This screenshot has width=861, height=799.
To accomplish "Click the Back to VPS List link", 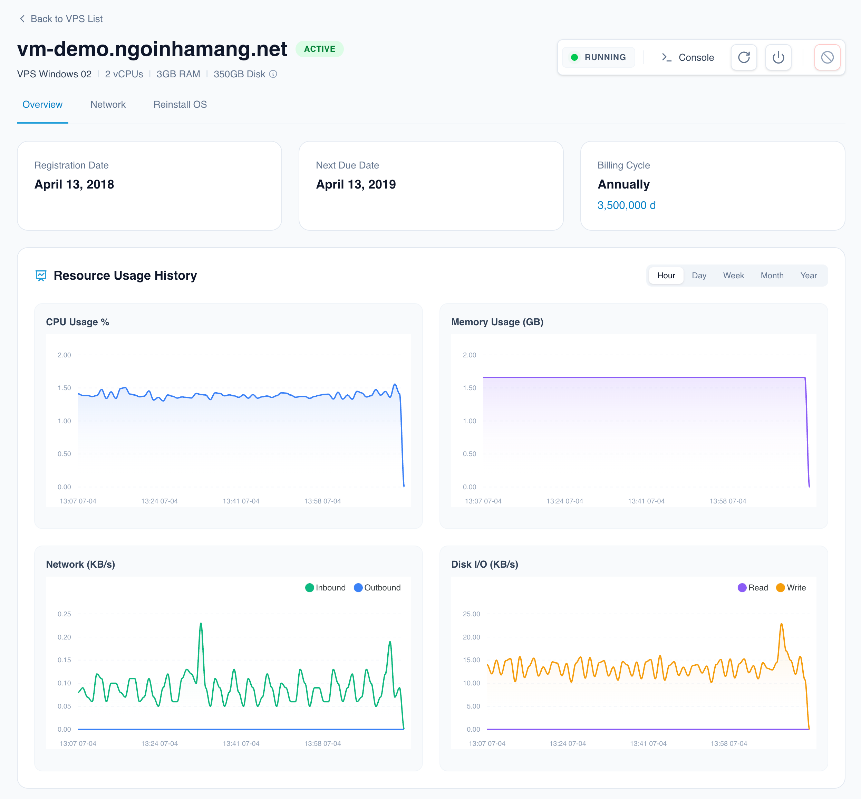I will pyautogui.click(x=61, y=19).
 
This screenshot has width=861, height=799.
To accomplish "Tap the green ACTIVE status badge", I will pyautogui.click(x=319, y=49).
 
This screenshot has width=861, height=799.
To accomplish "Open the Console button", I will pyautogui.click(x=688, y=58).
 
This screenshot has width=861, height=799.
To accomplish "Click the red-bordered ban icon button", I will pyautogui.click(x=827, y=58).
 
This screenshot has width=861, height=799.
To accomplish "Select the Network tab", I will pyautogui.click(x=108, y=105).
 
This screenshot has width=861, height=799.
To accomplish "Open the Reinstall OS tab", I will pyautogui.click(x=180, y=105).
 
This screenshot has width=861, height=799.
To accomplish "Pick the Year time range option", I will pyautogui.click(x=808, y=276).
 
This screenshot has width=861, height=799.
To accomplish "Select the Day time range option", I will pyautogui.click(x=698, y=276).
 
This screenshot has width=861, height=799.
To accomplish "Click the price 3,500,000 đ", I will pyautogui.click(x=626, y=205).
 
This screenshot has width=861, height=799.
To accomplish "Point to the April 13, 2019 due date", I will pyautogui.click(x=356, y=185).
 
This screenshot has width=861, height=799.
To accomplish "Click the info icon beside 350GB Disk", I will pyautogui.click(x=273, y=74).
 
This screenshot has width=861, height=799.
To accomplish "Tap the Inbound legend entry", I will pyautogui.click(x=326, y=588).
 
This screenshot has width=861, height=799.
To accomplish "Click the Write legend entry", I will pyautogui.click(x=791, y=588).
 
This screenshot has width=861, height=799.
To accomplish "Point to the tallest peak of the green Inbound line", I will pyautogui.click(x=201, y=624).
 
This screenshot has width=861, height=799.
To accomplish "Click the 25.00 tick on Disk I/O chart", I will pyautogui.click(x=471, y=614).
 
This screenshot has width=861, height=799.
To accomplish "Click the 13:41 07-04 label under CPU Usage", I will pyautogui.click(x=241, y=501).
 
